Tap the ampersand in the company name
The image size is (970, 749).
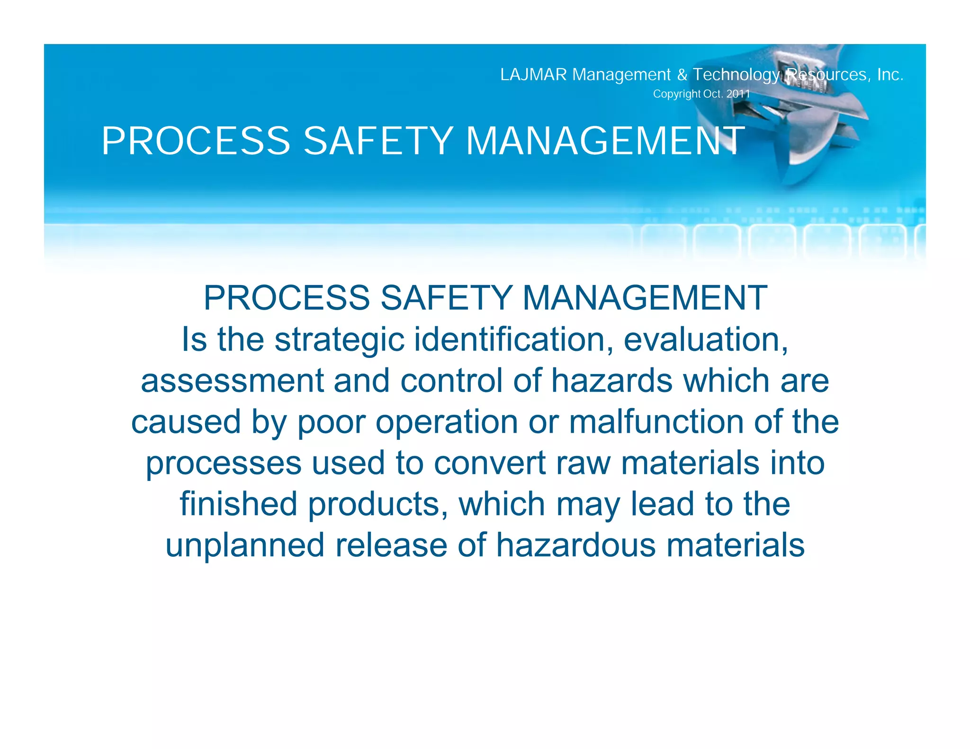(682, 75)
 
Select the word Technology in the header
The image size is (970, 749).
(736, 75)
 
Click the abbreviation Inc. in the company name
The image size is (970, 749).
(890, 75)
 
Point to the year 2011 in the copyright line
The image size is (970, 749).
(738, 94)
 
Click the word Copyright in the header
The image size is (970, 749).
(676, 94)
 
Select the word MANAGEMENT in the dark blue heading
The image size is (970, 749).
(645, 298)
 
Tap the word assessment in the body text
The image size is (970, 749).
(232, 381)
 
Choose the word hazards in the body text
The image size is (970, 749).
(611, 381)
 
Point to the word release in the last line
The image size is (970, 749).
(391, 545)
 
